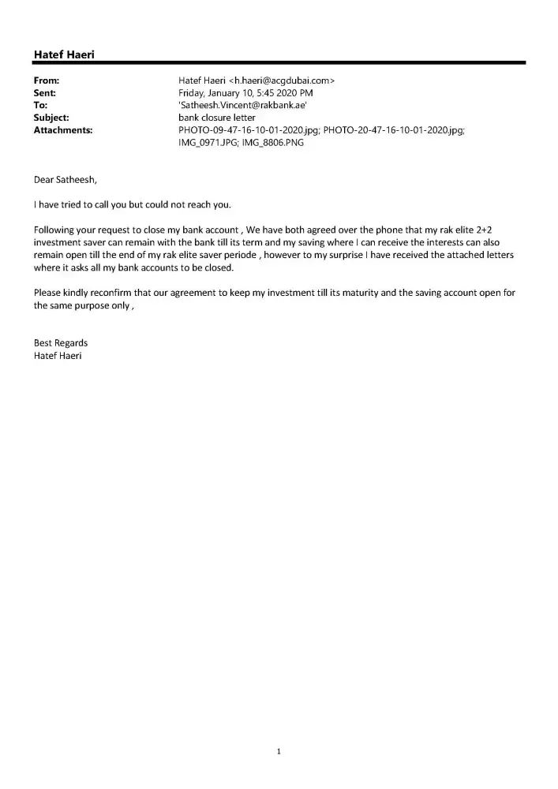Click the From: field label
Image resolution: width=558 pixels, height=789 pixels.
(47, 80)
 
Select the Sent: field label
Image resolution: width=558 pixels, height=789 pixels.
(46, 92)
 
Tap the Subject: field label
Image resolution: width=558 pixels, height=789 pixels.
(51, 118)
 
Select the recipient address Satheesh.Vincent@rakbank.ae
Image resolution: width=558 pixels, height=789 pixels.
(238, 105)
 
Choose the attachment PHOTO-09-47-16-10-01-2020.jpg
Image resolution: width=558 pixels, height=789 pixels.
(249, 129)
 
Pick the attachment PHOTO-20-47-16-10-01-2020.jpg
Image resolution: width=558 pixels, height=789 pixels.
(394, 129)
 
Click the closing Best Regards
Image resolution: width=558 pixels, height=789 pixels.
(61, 343)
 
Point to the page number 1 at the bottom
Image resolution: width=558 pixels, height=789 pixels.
(279, 751)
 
